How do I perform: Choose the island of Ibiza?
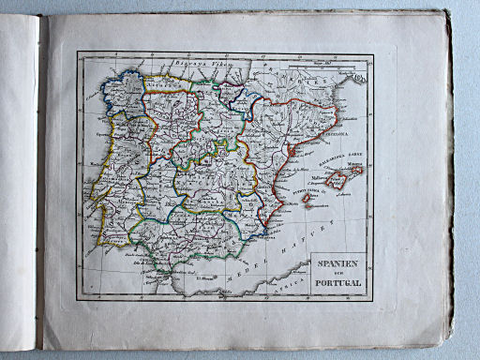307,199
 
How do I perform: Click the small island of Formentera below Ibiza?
309,207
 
